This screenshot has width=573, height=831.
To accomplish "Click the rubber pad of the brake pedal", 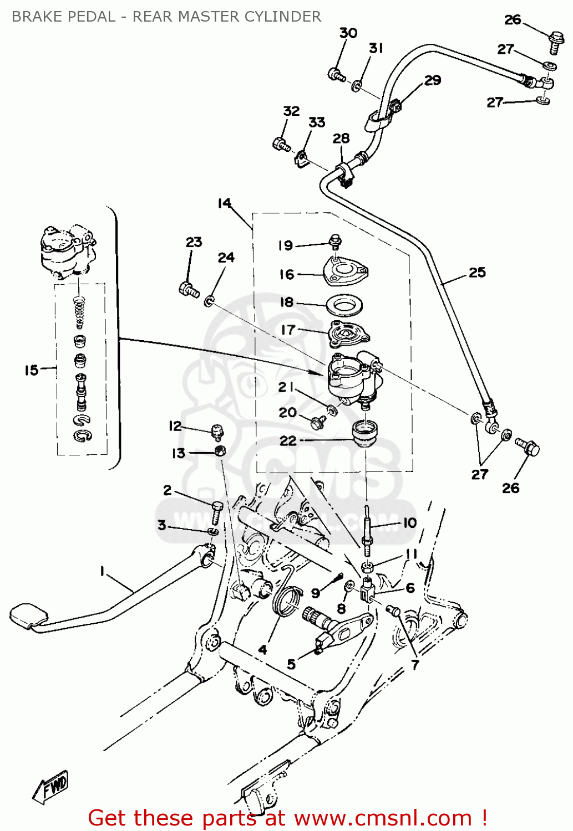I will pyautogui.click(x=28, y=614).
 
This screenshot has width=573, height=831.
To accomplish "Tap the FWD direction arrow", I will pyautogui.click(x=51, y=786).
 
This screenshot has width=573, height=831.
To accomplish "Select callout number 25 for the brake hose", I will pyautogui.click(x=477, y=273).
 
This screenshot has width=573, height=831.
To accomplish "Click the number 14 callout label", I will pyautogui.click(x=224, y=203).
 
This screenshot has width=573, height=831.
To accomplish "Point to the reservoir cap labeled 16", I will pyautogui.click(x=346, y=273).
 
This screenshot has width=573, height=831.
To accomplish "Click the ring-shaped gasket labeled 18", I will pyautogui.click(x=344, y=305).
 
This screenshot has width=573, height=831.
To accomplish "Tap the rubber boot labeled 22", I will pyautogui.click(x=365, y=432).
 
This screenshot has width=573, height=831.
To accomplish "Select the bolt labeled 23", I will pyautogui.click(x=189, y=289).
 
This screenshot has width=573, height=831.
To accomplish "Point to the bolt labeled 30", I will pyautogui.click(x=336, y=74).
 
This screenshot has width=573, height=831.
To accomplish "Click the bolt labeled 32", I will pyautogui.click(x=281, y=145).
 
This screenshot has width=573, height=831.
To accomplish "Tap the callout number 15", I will pyautogui.click(x=31, y=370).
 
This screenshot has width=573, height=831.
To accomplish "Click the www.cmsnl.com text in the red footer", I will pyautogui.click(x=383, y=818).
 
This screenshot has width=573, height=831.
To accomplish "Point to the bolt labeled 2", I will pyautogui.click(x=216, y=512).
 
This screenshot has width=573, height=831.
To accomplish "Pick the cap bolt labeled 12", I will pyautogui.click(x=217, y=431).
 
